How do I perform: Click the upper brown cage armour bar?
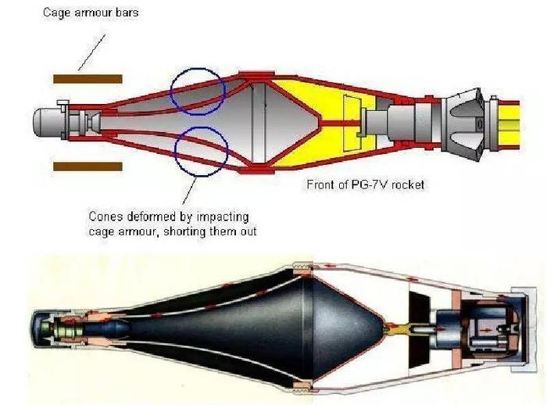(x=88, y=79)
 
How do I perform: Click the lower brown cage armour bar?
(x=88, y=167)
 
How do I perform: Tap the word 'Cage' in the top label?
(x=54, y=13)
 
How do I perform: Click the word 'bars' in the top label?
(x=127, y=13)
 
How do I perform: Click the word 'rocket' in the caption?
(x=407, y=185)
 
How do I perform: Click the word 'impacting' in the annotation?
(x=223, y=217)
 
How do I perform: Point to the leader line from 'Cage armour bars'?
(x=91, y=52)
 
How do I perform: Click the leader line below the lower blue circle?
(x=189, y=191)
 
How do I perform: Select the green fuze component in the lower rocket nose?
(x=45, y=329)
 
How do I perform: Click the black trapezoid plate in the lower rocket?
(x=420, y=329)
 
